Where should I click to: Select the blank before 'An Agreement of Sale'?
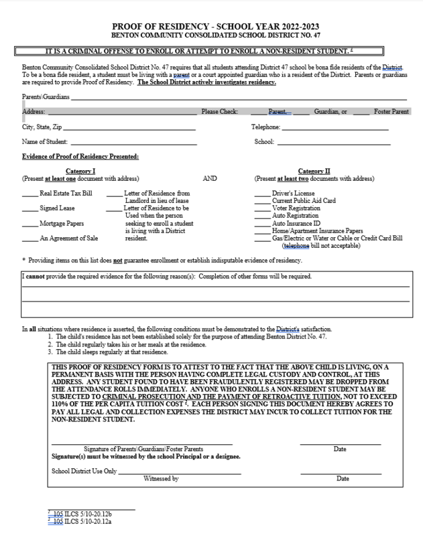coord(29,239)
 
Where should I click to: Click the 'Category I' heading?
coord(80,172)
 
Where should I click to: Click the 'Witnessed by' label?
coord(161,478)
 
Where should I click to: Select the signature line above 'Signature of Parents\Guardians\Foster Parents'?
coord(142,444)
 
